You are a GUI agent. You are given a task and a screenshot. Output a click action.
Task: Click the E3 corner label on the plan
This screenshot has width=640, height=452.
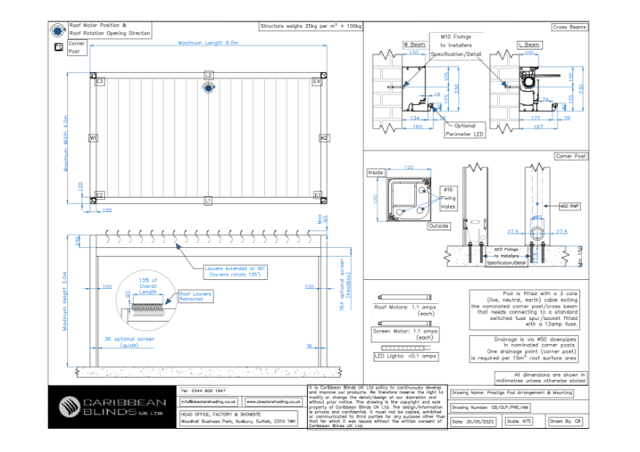click(99, 82)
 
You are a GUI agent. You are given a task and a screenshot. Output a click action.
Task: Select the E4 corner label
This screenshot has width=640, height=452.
click(316, 82)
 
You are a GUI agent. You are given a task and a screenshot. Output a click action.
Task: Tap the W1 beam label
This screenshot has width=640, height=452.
click(94, 138)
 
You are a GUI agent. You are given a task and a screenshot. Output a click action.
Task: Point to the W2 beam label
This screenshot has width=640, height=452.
click(323, 138)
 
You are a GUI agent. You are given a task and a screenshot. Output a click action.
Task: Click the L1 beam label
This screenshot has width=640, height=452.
click(208, 199)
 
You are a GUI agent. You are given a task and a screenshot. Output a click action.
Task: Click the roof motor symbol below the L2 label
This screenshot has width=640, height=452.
click(208, 88)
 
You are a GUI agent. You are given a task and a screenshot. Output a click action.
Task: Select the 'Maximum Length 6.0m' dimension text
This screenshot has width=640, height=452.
click(208, 42)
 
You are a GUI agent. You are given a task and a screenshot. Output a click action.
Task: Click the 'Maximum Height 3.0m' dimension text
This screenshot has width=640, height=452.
click(66, 302)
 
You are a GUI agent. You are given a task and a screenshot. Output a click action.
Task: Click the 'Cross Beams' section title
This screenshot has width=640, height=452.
click(569, 27)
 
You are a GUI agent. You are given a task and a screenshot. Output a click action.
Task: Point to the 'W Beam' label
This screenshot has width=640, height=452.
click(414, 45)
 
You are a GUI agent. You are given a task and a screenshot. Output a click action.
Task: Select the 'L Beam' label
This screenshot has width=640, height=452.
click(529, 45)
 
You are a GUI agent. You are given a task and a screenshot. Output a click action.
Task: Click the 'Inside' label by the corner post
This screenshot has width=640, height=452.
click(375, 171)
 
